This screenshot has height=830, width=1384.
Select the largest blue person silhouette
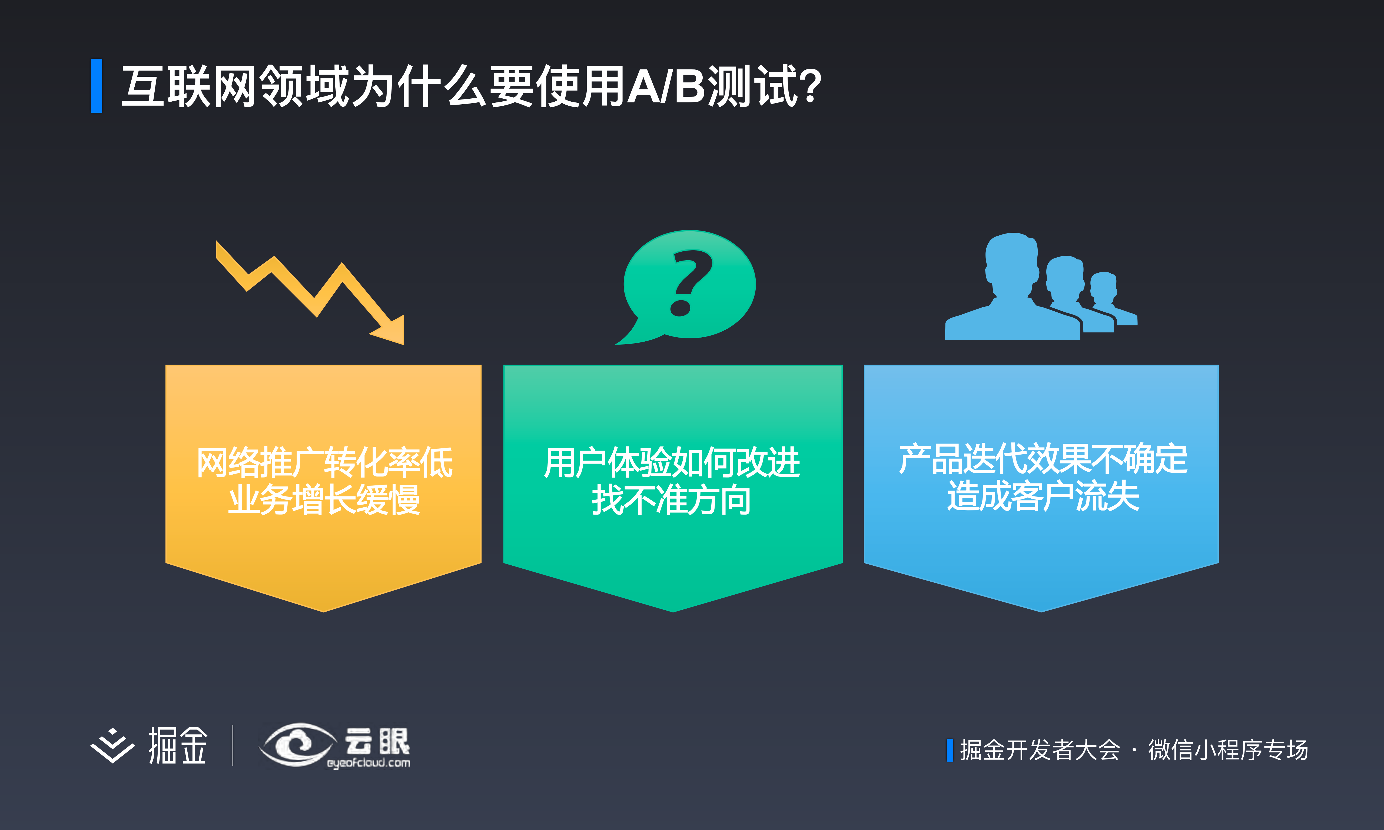1011,291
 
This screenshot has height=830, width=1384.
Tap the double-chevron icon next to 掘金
112,746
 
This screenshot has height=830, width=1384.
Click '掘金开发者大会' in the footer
1039,750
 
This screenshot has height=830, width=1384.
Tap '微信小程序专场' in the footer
1228,750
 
